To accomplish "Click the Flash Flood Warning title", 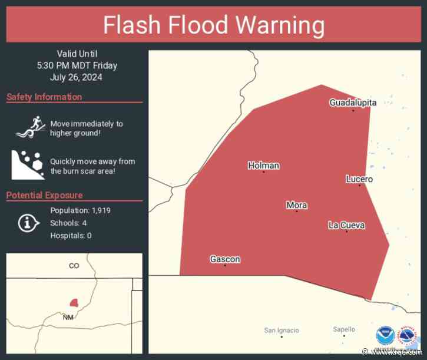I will coord(213,25).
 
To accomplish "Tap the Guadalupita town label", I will coord(352,103).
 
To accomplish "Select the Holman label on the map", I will coord(263,166).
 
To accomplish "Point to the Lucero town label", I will coord(359,179).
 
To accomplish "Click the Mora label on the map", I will coord(296,205).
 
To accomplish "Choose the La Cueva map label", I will coord(346,225).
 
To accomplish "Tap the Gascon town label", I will coord(225,259).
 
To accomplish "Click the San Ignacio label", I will coord(282,330).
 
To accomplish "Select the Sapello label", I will coord(344,329).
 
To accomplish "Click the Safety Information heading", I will coord(44,97).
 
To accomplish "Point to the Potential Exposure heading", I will coord(44,195).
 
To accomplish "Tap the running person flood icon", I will coord(28,126).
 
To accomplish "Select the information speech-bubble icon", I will coord(28,223).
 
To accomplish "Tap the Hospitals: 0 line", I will coord(71,236).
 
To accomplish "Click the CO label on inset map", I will coord(74,266).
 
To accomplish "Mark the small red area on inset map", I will coord(74,302).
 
